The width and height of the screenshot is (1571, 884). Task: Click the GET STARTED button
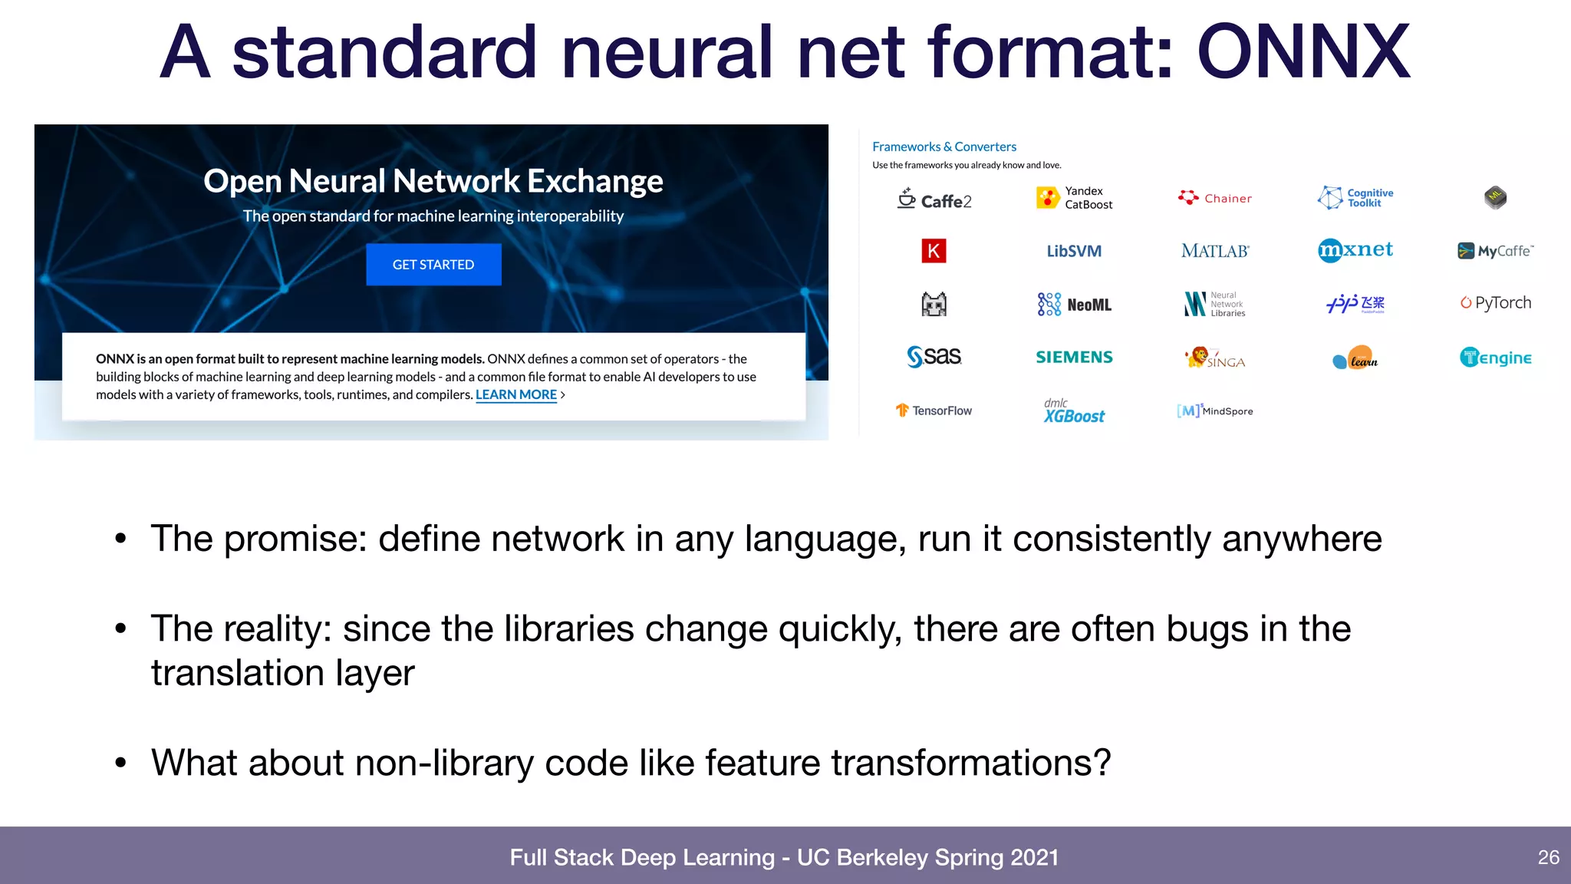(433, 265)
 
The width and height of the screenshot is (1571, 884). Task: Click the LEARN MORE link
(515, 394)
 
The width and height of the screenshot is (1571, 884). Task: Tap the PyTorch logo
(1495, 303)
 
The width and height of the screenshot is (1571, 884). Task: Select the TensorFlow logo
(934, 411)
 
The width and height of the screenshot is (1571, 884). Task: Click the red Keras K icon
(934, 251)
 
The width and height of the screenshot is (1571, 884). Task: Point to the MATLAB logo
(1215, 251)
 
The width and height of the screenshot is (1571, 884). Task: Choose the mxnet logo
(1355, 250)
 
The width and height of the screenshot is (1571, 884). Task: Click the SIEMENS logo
(1074, 357)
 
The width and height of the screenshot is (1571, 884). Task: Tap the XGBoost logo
(1074, 412)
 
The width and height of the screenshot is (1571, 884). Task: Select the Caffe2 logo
(934, 200)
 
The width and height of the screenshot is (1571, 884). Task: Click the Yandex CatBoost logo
(1074, 198)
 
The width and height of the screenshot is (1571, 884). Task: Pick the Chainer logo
(1215, 198)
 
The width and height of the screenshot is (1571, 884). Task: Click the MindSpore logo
(1215, 411)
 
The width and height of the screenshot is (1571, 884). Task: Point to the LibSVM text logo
(1074, 251)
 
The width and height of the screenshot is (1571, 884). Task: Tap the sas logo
(934, 357)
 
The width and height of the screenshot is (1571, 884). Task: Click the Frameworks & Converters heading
(944, 147)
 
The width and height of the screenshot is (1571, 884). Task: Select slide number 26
(1548, 857)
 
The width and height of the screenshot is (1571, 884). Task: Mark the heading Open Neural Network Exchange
(433, 181)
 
